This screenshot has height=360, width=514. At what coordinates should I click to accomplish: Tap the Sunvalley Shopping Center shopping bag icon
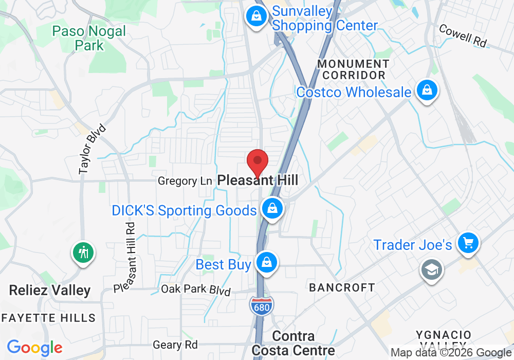click(255, 16)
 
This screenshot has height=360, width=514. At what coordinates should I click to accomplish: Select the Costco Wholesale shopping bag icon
click(427, 92)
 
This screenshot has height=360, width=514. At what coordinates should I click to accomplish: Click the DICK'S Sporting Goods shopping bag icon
click(272, 209)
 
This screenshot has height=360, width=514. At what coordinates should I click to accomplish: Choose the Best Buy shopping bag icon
click(267, 263)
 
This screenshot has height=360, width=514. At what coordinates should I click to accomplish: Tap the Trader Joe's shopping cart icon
click(468, 243)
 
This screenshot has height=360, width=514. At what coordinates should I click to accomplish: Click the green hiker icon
click(83, 253)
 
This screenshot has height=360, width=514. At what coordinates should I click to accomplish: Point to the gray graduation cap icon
click(431, 269)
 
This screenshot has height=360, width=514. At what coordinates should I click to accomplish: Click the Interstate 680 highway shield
click(262, 305)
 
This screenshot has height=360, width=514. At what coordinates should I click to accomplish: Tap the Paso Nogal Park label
click(89, 38)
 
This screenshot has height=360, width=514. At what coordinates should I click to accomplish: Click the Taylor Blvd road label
click(92, 149)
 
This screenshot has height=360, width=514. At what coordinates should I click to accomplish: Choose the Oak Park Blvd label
click(196, 290)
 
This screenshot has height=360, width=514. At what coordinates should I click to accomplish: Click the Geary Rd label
click(175, 345)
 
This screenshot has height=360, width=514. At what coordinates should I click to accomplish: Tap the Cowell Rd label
click(463, 35)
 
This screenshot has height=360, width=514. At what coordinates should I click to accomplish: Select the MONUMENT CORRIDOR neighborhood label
click(353, 69)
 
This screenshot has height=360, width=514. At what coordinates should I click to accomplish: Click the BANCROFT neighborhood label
click(342, 287)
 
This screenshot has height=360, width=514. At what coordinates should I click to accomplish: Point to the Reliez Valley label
click(50, 291)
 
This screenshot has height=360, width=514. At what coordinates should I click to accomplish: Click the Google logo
click(34, 348)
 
